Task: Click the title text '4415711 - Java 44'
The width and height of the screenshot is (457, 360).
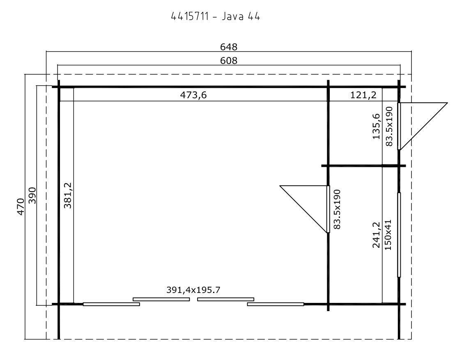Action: pos(215,16)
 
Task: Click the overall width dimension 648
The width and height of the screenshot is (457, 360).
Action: pos(229,47)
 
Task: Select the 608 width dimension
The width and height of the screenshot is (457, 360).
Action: pos(229,61)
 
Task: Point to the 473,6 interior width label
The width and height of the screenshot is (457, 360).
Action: pos(193,95)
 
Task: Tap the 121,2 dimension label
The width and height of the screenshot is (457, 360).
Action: pos(363,95)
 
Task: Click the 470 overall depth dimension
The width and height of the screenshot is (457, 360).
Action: pos(21,207)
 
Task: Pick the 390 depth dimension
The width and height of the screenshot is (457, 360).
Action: pos(32,196)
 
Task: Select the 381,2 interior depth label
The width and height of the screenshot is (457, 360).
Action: pos(68,195)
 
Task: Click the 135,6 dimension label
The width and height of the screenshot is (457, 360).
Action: pos(377,126)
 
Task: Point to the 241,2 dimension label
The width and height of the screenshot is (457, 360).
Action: pos(377,235)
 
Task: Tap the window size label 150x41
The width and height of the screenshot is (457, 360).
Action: pos(388,235)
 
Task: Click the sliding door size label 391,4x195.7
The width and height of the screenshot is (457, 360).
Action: pos(193,290)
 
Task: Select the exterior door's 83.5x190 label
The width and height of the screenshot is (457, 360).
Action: pos(389,126)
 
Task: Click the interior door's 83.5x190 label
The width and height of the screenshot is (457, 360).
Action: pos(337,209)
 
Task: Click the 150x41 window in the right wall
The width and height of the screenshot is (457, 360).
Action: pos(399,235)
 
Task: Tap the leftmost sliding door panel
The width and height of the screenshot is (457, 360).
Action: pos(111,304)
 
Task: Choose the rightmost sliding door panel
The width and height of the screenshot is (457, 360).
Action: pos(276,304)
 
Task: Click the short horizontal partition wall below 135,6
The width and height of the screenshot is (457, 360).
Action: pos(363,166)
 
